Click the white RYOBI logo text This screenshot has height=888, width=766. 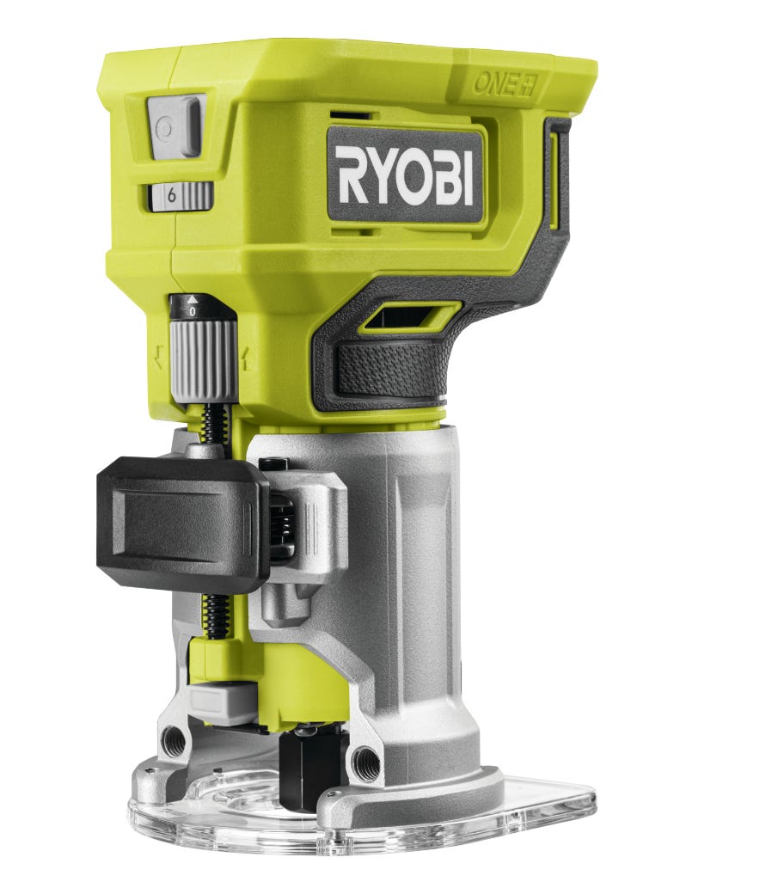click(405, 175)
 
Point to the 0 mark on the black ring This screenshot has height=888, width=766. click(193, 311)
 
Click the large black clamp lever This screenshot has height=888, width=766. click(182, 520)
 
